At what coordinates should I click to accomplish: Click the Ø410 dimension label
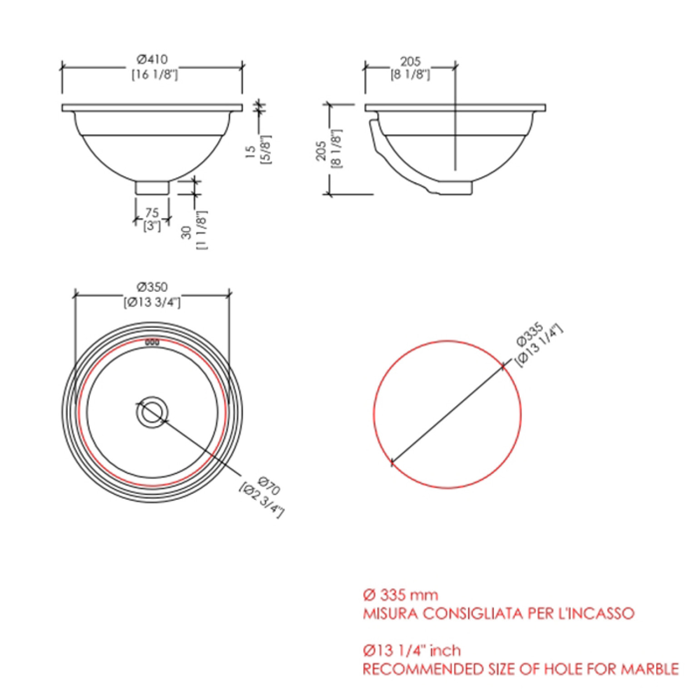pyautogui.click(x=152, y=59)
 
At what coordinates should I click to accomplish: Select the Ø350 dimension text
pyautogui.click(x=152, y=287)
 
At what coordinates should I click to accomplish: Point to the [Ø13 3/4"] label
pyautogui.click(x=152, y=302)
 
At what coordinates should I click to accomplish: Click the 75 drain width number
pyautogui.click(x=152, y=213)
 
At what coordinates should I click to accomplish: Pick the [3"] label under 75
pyautogui.click(x=152, y=225)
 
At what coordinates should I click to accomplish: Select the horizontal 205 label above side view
pyautogui.click(x=410, y=61)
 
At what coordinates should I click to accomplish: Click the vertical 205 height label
pyautogui.click(x=321, y=150)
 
